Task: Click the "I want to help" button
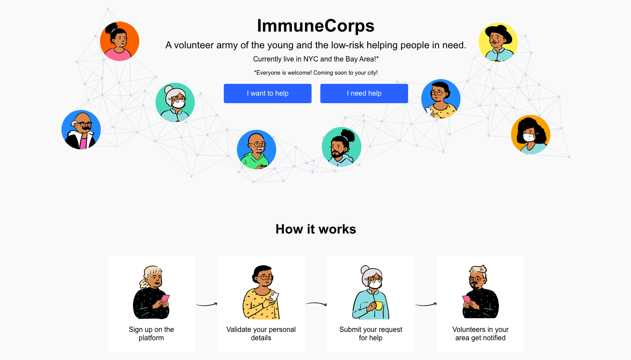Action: tap(267, 94)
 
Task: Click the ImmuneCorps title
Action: tap(315, 25)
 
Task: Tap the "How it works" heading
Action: tap(315, 229)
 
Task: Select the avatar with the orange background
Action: tap(119, 41)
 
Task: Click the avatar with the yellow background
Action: tap(498, 42)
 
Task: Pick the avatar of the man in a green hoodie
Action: tap(256, 149)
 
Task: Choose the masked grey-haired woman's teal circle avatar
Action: tap(175, 102)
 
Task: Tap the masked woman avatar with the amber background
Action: tap(531, 134)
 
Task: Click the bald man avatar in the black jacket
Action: tap(81, 130)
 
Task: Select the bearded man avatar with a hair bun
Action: tap(341, 147)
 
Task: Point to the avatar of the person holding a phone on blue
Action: tap(441, 99)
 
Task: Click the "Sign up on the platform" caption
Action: tap(151, 334)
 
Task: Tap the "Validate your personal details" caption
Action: tap(261, 334)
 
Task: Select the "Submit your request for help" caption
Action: tap(371, 334)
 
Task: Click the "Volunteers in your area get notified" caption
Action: tap(480, 334)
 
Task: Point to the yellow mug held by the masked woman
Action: tap(379, 306)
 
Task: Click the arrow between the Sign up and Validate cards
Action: tap(207, 305)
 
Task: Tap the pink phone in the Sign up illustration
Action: tap(165, 299)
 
